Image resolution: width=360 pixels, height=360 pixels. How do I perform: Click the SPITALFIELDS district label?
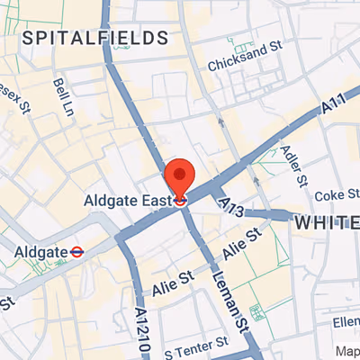pos(95,38)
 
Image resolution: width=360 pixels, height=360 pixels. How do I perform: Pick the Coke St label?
pos(335,194)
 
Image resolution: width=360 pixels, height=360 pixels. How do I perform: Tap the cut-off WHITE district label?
pos(328,222)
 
